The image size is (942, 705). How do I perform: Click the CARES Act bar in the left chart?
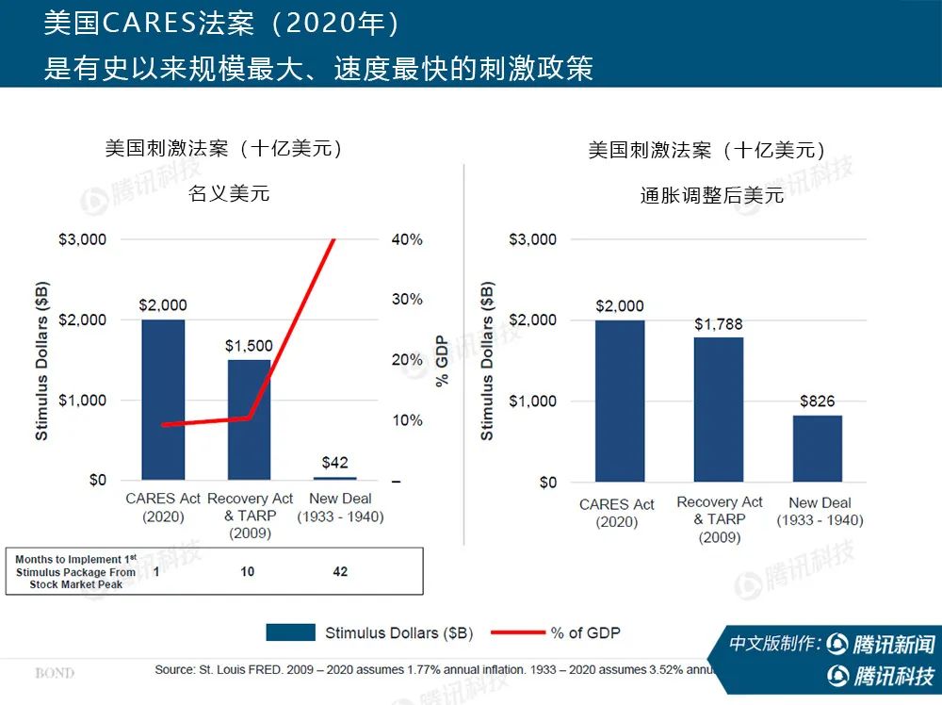click(x=163, y=400)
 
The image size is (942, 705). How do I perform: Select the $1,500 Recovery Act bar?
click(x=249, y=419)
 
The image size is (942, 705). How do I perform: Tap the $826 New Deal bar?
click(x=817, y=449)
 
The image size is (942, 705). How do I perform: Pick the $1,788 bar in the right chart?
click(x=719, y=409)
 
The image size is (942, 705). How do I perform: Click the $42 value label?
click(x=334, y=463)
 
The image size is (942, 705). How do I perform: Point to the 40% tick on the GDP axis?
click(x=407, y=239)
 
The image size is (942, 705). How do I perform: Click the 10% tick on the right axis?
click(x=407, y=420)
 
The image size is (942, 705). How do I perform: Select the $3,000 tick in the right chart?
click(x=532, y=239)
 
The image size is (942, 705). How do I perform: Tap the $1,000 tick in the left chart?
click(x=84, y=400)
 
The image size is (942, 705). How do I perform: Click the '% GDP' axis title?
click(x=441, y=360)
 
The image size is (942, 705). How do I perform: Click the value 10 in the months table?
click(x=247, y=572)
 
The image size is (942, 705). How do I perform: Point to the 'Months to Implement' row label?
click(x=75, y=572)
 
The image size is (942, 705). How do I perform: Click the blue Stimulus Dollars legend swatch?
click(x=290, y=632)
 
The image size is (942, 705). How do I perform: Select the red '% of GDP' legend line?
click(x=515, y=632)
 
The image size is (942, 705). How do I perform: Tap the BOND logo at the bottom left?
click(x=55, y=673)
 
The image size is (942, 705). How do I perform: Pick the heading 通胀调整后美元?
click(x=711, y=195)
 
